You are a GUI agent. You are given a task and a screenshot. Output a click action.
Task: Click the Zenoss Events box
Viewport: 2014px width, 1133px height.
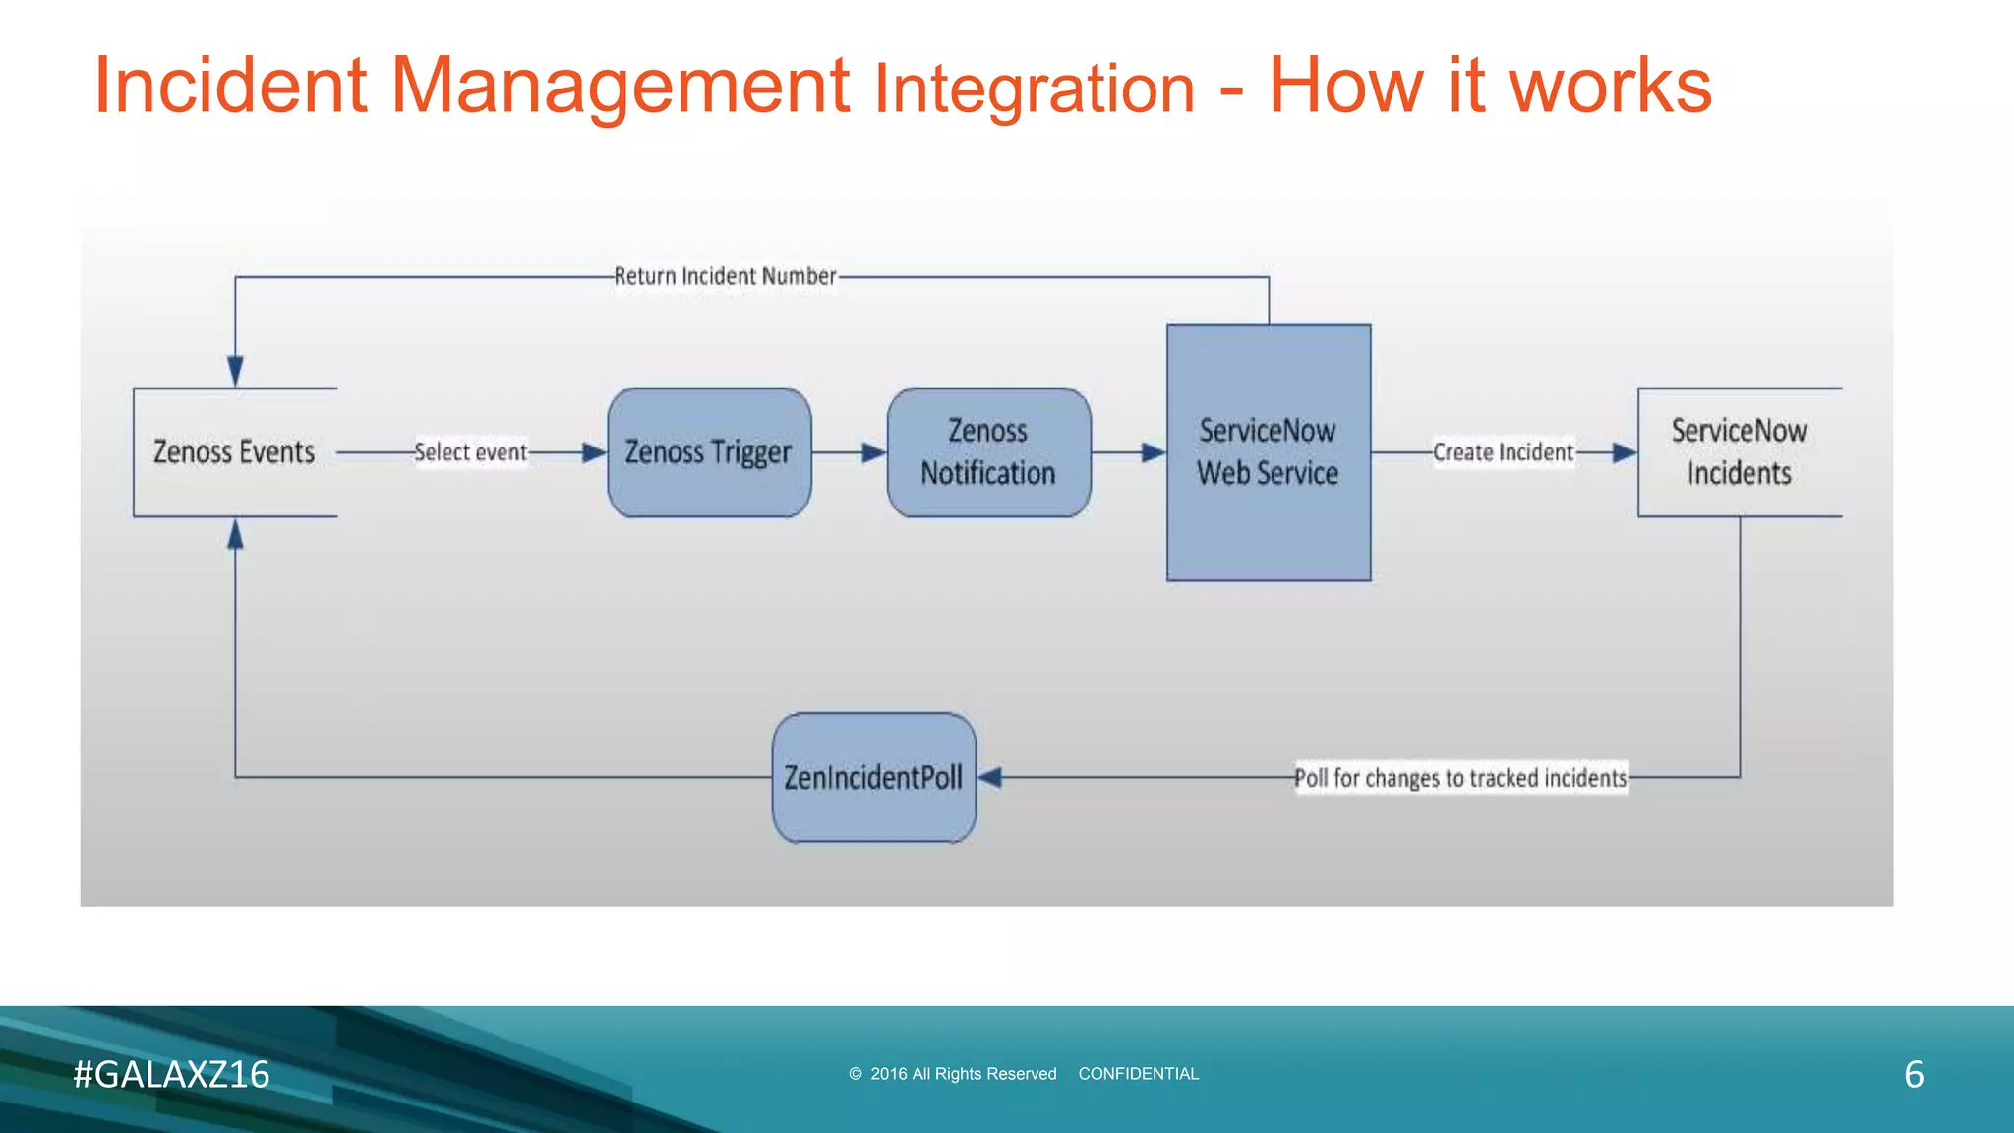point(235,452)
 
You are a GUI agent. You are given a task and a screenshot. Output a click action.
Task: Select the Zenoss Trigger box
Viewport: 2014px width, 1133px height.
point(709,452)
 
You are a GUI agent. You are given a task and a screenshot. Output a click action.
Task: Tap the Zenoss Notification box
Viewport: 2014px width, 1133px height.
point(988,452)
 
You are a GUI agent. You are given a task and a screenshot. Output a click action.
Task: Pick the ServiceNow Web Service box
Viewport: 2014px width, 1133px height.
point(1269,452)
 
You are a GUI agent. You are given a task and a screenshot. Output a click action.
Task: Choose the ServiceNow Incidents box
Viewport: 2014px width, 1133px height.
point(1739,452)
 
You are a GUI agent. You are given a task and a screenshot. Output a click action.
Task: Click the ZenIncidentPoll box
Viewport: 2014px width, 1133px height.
point(873,778)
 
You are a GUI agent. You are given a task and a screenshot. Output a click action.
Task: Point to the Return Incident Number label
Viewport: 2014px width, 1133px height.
point(725,276)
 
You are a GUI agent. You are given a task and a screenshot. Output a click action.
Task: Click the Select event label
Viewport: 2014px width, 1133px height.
point(470,452)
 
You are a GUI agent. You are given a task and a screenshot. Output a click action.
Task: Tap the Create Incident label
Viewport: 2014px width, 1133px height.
point(1503,452)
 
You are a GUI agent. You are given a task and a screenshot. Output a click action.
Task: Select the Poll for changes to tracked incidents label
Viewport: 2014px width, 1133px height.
point(1460,778)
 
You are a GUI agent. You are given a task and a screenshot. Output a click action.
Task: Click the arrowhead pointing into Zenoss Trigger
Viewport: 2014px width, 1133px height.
point(594,452)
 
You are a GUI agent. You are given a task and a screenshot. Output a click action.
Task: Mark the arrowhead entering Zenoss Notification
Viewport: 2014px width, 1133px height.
point(873,452)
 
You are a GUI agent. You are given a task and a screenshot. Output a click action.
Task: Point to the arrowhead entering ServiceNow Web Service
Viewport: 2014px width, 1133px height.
point(1153,452)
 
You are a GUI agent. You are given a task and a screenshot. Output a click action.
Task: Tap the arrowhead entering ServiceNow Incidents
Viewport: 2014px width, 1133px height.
point(1624,452)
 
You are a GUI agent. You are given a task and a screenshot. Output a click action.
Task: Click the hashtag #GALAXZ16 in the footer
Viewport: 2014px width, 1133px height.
point(171,1074)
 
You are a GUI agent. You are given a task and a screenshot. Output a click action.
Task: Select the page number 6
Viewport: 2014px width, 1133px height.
point(1914,1074)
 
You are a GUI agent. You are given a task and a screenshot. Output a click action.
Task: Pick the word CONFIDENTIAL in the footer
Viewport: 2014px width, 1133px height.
point(1138,1074)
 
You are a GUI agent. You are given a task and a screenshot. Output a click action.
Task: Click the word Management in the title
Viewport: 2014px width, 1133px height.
point(620,87)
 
